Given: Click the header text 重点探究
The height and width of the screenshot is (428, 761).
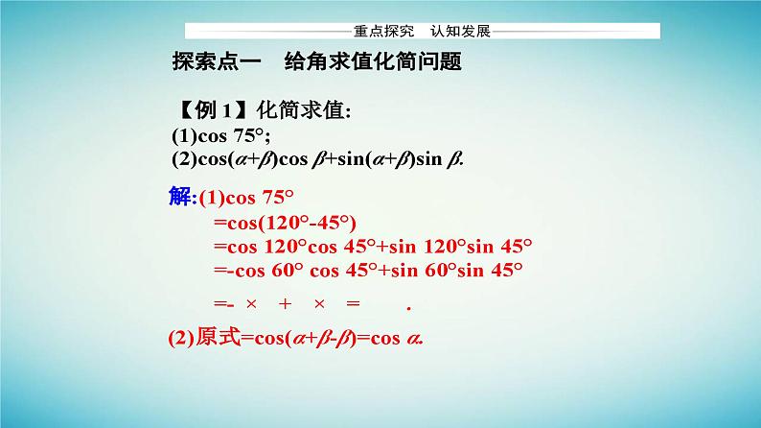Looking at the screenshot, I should [378, 32].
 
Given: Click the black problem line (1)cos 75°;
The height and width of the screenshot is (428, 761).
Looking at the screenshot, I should [219, 135].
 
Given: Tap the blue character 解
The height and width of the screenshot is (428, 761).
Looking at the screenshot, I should [179, 198].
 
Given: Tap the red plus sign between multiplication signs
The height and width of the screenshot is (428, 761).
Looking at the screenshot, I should [285, 304].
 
